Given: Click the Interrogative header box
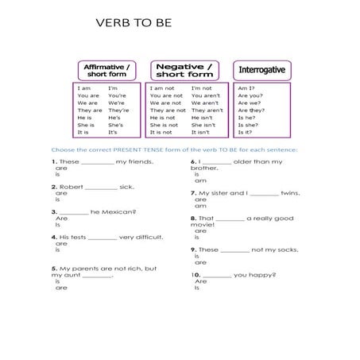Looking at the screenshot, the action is click(x=258, y=70).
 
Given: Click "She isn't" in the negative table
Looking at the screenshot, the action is click(x=203, y=125).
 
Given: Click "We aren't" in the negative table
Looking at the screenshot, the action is click(x=204, y=103).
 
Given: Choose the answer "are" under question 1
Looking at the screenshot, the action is click(x=60, y=169).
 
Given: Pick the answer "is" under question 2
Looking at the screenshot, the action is click(x=57, y=199).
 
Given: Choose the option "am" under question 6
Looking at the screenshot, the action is click(x=200, y=180).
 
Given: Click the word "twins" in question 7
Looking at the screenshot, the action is click(x=292, y=192).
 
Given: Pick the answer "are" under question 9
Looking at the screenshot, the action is click(x=200, y=262).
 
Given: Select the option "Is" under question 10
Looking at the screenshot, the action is click(x=198, y=287).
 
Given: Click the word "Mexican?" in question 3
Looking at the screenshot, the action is click(x=119, y=211).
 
